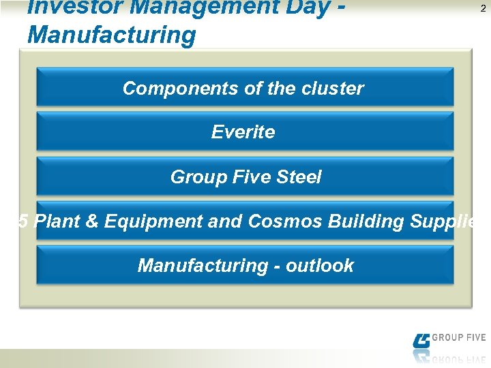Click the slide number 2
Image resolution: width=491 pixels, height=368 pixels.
click(x=483, y=8)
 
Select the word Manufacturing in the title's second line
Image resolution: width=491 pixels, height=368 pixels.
click(x=111, y=35)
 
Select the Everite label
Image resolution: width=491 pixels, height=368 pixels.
click(x=243, y=132)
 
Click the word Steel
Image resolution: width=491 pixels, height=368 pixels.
click(x=298, y=177)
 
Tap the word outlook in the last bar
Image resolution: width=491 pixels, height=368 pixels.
click(x=320, y=266)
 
